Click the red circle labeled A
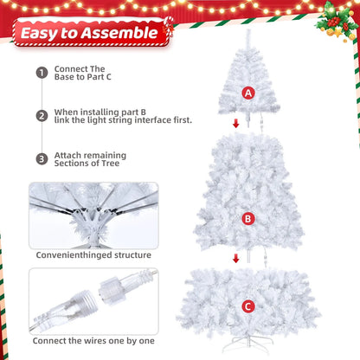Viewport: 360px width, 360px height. pos(248,93)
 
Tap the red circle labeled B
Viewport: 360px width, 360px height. pos(248,219)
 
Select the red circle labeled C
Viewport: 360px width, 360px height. pos(248,306)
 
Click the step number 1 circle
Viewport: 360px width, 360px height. pos(42,73)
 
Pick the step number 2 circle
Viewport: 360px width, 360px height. pos(42,116)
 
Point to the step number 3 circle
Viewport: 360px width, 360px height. pos(42,159)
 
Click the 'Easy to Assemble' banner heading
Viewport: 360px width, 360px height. pos(90,33)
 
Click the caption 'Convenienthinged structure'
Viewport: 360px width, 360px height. pos(93,255)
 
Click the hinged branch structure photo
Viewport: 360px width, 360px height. pos(93,214)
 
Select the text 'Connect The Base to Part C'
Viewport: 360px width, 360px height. pos(83,73)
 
